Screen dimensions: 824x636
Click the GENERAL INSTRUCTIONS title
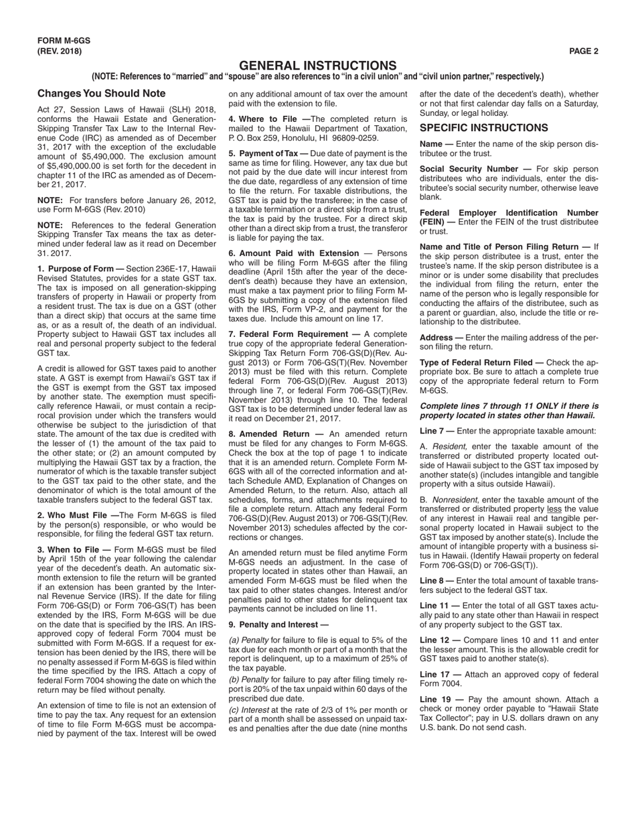pyautogui.click(x=317, y=66)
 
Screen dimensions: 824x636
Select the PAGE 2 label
pyautogui.click(x=584, y=51)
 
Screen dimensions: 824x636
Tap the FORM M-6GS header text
pyautogui.click(x=64, y=41)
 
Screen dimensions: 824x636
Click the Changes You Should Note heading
pyautogui.click(x=101, y=93)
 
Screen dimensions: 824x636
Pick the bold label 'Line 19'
pyautogui.click(x=435, y=699)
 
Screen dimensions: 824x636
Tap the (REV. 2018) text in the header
pyautogui.click(x=60, y=51)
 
